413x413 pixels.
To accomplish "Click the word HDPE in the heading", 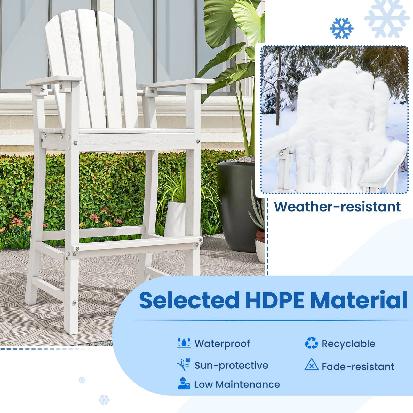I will pos(273,300).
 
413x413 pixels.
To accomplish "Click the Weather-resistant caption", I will pos(337,206).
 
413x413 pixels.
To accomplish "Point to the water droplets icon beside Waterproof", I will pos(184,343).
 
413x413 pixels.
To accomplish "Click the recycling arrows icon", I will pos(311,343).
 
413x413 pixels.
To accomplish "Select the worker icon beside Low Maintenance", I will pos(184,384).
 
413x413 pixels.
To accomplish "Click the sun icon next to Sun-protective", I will pos(184,364).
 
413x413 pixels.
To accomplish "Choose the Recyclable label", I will pos(348,344).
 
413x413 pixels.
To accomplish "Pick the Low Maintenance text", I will pos(237,384).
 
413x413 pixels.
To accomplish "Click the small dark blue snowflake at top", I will pos(341,28).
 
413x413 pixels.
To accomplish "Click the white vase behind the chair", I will pos(176,219).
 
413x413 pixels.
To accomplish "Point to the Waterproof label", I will pos(222,344).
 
